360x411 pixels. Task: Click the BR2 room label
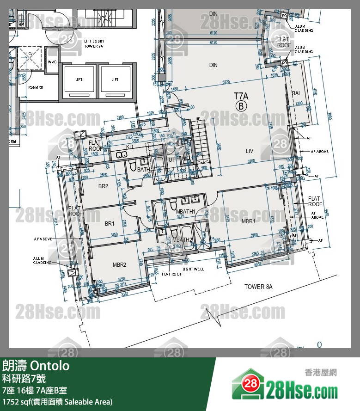point(103,186)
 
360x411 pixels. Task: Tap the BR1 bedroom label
point(110,224)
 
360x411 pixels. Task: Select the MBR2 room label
point(119,265)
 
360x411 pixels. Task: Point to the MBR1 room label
point(248,221)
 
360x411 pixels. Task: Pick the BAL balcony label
point(296,93)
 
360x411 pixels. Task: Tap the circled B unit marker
point(241,106)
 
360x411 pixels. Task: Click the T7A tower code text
point(241,96)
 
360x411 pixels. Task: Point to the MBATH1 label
point(186,211)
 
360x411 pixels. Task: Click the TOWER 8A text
point(258,287)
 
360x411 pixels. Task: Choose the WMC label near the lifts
point(52,62)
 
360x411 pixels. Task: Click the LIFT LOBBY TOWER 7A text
point(93,44)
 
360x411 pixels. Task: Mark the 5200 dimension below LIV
point(251,161)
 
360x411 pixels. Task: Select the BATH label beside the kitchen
point(144,170)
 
